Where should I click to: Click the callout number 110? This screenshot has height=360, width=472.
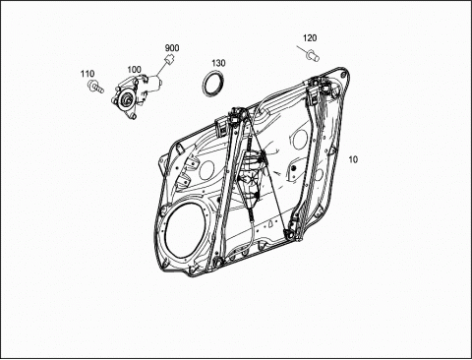[x=88, y=74]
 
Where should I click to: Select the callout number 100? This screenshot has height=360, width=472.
[x=134, y=70]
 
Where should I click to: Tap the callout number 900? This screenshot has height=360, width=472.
[x=172, y=48]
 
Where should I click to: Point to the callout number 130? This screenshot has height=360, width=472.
[x=218, y=63]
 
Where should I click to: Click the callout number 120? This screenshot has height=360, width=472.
[x=310, y=38]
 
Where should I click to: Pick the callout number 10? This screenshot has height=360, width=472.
[x=353, y=159]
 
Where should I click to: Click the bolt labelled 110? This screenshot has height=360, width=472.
[x=95, y=87]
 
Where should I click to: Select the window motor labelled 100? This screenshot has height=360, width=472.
[x=137, y=94]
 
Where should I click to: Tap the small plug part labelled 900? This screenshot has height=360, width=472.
[x=169, y=60]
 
